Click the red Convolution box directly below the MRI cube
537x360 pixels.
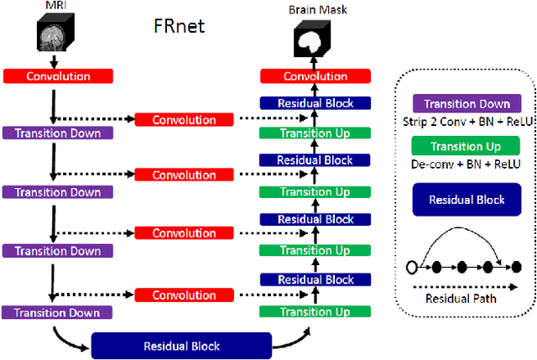[57, 76]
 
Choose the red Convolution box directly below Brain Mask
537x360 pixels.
[315, 76]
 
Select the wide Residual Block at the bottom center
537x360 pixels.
[181, 345]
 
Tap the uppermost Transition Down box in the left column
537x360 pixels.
[57, 133]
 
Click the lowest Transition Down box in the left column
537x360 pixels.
[57, 312]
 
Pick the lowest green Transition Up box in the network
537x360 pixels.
[315, 311]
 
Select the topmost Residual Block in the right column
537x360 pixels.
[315, 104]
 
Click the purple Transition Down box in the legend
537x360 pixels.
[467, 104]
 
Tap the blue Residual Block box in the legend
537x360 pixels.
[467, 201]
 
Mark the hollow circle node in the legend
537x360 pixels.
[410, 268]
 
